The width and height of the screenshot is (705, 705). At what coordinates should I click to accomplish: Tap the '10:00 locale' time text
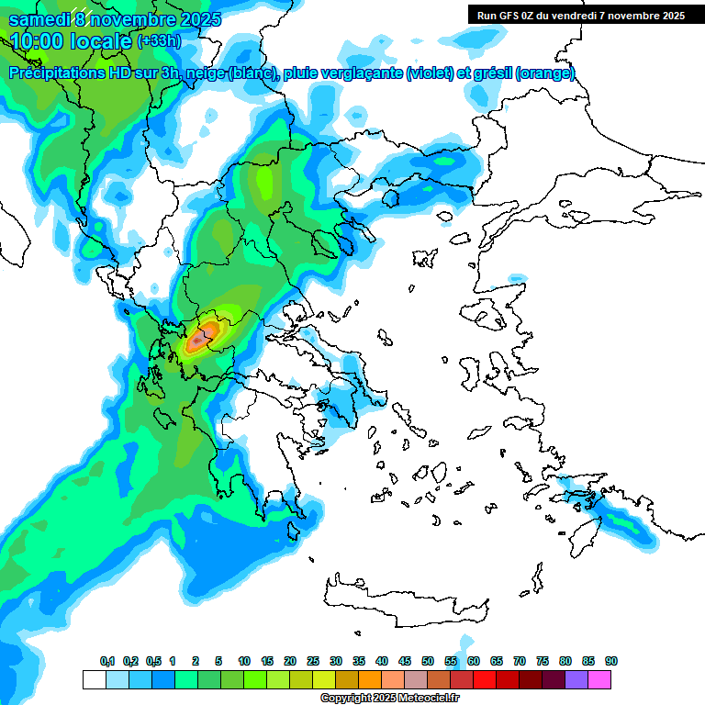(x=70, y=41)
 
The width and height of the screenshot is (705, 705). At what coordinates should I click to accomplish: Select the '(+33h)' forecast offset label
(x=159, y=41)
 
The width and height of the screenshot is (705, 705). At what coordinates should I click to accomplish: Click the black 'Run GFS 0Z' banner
(x=581, y=15)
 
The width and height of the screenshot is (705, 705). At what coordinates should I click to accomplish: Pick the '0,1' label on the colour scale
(x=107, y=661)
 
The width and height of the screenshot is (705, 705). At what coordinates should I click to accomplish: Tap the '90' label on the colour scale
(x=611, y=661)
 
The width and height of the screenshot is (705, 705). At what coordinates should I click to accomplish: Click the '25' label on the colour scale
(x=313, y=661)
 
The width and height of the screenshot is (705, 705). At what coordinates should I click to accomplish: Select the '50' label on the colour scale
(x=428, y=661)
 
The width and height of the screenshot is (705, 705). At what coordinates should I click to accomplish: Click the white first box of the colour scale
(x=94, y=679)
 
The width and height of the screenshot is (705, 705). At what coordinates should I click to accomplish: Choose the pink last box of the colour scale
(x=600, y=679)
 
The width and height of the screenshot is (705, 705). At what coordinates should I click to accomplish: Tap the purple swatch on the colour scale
(x=577, y=679)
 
